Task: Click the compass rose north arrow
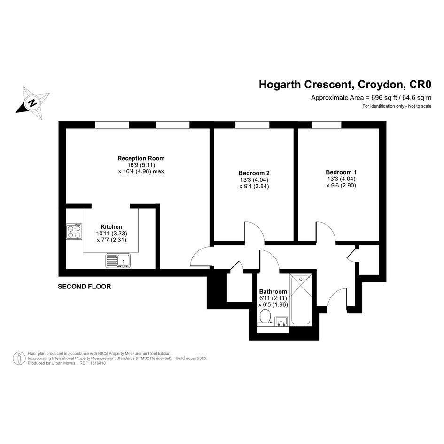[x=32, y=102]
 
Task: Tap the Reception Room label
[x=141, y=158]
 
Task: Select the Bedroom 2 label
[x=254, y=173]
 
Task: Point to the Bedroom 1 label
[x=341, y=172]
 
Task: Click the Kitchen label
[x=111, y=227]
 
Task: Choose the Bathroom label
[x=273, y=291]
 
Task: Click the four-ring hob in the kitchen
[x=74, y=231]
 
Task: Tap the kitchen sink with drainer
[x=118, y=261]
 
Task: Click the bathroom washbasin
[x=281, y=321]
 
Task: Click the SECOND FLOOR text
[x=85, y=287]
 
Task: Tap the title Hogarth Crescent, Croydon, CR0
[x=345, y=85]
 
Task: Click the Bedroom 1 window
[x=327, y=125]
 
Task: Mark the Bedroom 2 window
[x=252, y=125]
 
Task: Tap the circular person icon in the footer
[x=19, y=358]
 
